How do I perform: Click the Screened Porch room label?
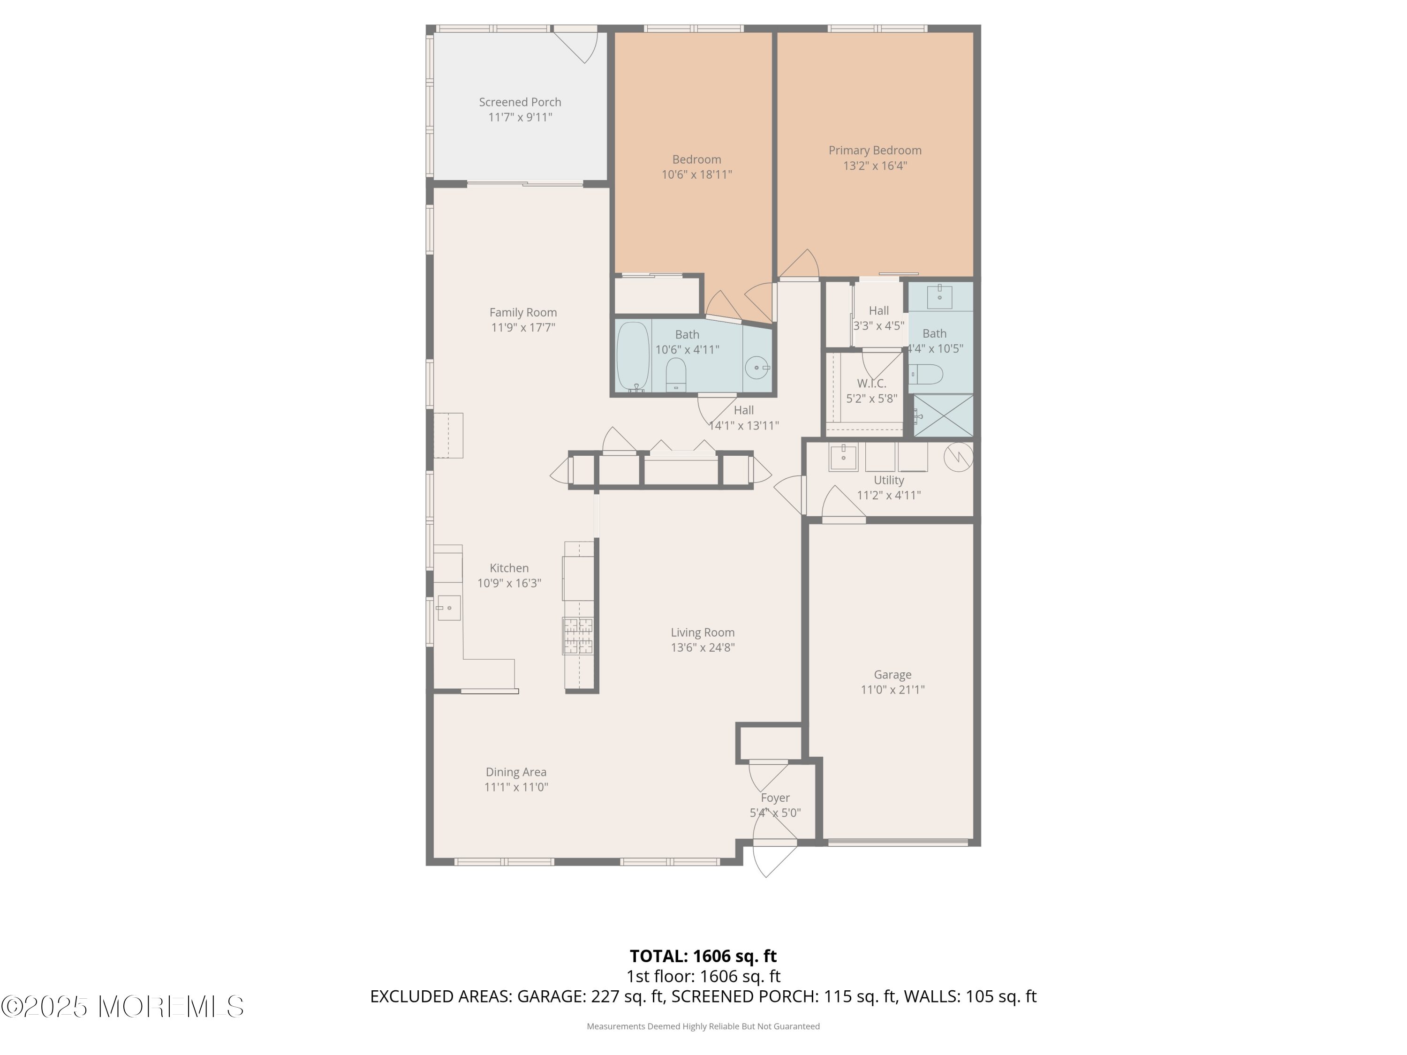click(x=520, y=102)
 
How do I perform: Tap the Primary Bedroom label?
click(x=875, y=151)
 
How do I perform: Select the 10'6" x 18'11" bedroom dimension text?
click(x=696, y=175)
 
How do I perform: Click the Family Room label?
click(x=523, y=313)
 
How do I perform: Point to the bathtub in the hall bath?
click(x=633, y=357)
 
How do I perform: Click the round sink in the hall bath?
click(x=757, y=368)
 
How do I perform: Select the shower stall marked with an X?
click(x=943, y=415)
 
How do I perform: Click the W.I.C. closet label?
click(x=871, y=384)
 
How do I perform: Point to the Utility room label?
click(x=889, y=481)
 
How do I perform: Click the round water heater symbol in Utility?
click(x=958, y=457)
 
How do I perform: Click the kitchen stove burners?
click(x=578, y=636)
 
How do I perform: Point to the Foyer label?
click(x=775, y=798)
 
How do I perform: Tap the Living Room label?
click(x=702, y=633)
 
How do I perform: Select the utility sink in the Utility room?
click(x=843, y=457)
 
